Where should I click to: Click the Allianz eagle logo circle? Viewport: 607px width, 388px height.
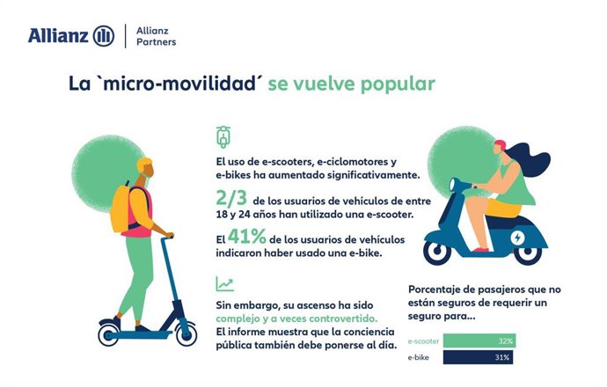click(105, 35)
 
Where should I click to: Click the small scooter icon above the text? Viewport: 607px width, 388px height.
click(223, 136)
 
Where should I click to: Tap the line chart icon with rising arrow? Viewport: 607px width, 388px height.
click(224, 284)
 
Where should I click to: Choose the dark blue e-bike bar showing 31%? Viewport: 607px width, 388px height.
click(478, 357)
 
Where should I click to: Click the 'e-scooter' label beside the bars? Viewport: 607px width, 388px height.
click(423, 340)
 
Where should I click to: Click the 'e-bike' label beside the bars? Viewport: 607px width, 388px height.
click(419, 358)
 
